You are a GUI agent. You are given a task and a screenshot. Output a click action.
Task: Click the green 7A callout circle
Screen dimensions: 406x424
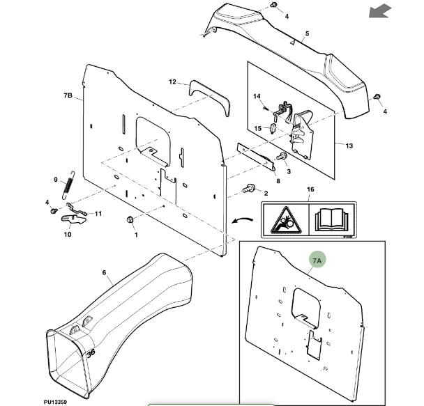(317, 261)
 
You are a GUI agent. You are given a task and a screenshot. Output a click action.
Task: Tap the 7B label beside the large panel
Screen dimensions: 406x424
(68, 95)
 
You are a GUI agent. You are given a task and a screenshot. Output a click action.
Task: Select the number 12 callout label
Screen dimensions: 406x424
(172, 82)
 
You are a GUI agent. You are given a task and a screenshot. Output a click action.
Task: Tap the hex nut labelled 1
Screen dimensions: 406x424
(130, 221)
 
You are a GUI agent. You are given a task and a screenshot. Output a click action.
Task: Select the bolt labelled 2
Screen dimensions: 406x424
(248, 188)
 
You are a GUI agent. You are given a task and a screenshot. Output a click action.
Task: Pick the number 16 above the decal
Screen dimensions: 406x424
(310, 189)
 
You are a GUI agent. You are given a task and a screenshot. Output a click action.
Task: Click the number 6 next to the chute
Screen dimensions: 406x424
(103, 272)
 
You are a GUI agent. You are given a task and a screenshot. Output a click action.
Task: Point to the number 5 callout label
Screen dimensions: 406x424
(306, 33)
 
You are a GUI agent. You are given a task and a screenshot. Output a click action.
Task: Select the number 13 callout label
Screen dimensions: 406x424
(349, 146)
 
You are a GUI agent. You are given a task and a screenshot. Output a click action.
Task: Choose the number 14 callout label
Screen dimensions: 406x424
(256, 96)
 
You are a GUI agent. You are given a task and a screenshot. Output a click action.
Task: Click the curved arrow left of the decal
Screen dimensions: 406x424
(241, 220)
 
